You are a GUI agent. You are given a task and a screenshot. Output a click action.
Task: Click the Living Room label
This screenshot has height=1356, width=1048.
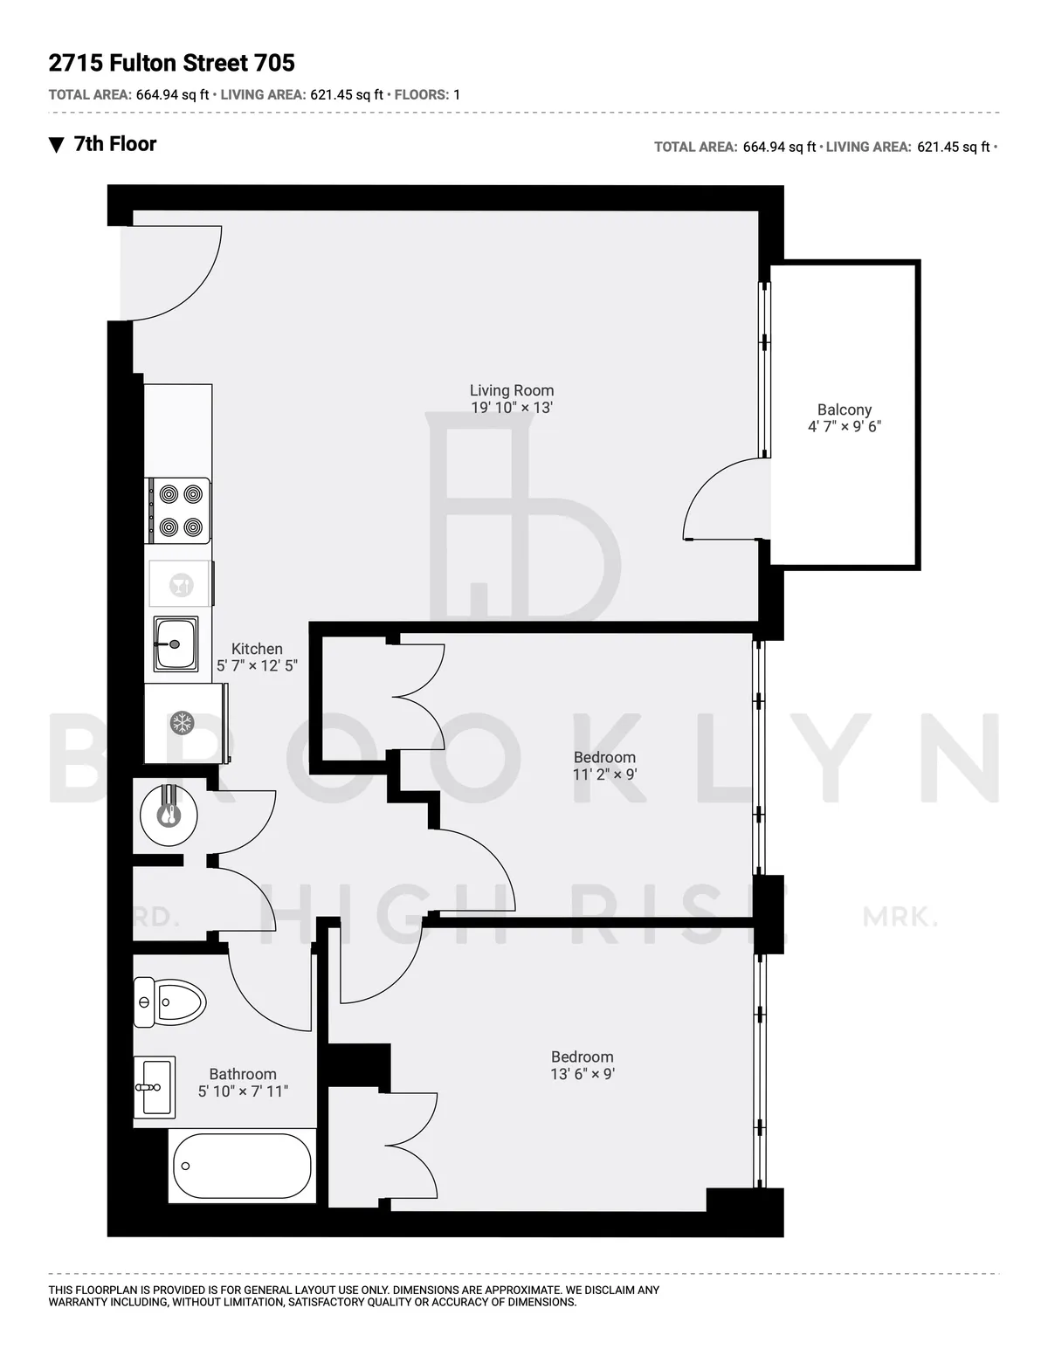(512, 391)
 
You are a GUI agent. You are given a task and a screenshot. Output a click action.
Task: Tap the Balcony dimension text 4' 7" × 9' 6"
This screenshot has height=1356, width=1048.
(844, 427)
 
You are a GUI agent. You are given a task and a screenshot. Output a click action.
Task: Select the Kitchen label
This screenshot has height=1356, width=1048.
(257, 649)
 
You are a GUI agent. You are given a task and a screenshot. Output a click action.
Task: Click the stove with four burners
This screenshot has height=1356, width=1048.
(179, 511)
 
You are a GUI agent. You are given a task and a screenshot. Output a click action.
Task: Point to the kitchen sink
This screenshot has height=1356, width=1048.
(176, 644)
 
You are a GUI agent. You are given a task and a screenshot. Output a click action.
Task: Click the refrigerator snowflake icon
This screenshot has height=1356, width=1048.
(182, 723)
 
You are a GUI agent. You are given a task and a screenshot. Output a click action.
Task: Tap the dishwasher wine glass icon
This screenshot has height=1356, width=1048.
(181, 584)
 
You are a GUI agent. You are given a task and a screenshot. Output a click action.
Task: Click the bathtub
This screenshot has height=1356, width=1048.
(242, 1166)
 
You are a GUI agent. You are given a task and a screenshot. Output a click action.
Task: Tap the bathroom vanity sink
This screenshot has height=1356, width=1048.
(155, 1087)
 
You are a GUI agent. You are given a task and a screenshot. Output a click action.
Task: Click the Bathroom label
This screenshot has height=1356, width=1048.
(243, 1075)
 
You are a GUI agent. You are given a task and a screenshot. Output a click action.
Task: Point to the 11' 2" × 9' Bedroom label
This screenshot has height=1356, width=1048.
(604, 766)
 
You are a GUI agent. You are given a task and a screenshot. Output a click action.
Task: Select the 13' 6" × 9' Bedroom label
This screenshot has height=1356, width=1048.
(583, 1065)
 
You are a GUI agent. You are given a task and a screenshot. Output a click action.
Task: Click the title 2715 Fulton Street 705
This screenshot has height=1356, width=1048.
(172, 63)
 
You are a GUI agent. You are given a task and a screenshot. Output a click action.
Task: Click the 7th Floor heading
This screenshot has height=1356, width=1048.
(114, 144)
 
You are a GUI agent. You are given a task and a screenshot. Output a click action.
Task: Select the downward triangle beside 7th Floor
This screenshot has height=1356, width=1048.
(57, 145)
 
